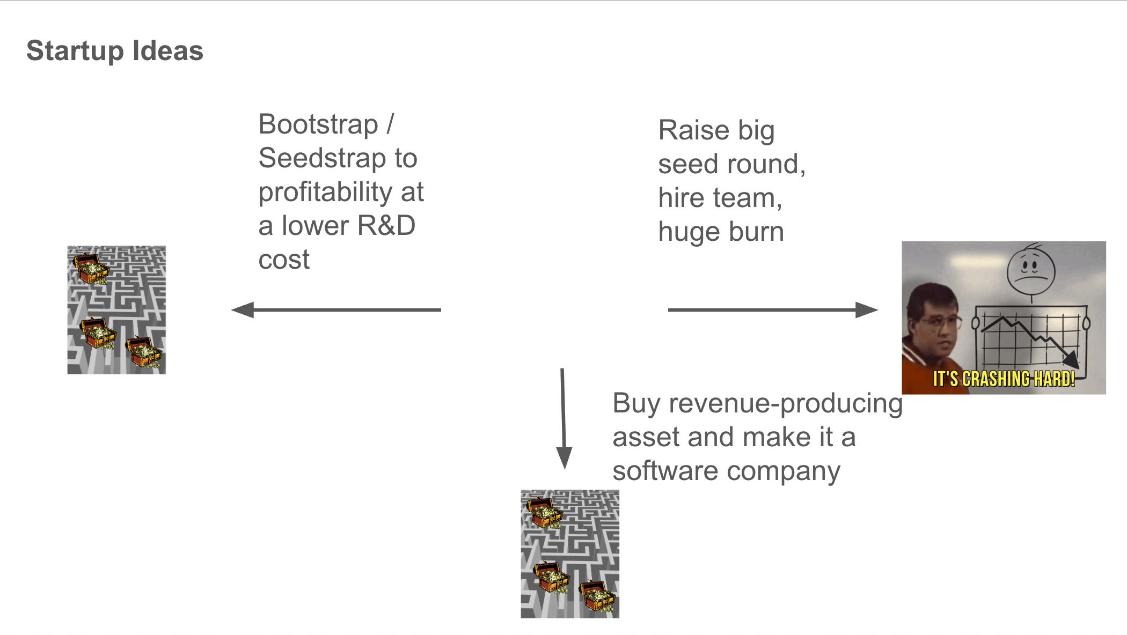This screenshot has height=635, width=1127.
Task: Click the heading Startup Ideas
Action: [114, 51]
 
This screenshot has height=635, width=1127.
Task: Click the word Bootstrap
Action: [318, 124]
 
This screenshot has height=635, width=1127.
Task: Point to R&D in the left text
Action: [386, 226]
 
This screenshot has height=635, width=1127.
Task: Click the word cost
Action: [283, 260]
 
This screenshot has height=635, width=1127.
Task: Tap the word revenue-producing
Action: [785, 403]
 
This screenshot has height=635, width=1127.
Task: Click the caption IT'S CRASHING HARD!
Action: [1004, 379]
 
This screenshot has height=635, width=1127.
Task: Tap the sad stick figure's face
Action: [1030, 268]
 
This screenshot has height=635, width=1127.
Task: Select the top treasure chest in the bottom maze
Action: [544, 512]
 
